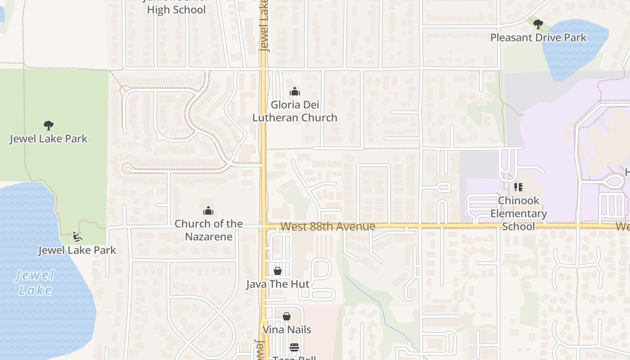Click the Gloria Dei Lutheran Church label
(295, 111)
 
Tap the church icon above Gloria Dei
(295, 92)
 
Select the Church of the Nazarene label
(209, 230)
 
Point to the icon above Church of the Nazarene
(208, 211)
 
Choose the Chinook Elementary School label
(518, 213)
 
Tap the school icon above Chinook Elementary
(518, 187)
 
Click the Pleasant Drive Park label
(538, 37)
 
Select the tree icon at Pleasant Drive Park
(538, 24)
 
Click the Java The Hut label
(278, 284)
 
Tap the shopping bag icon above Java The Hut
(278, 271)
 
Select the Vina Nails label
(287, 329)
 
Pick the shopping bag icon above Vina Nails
(287, 316)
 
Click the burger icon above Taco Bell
(294, 347)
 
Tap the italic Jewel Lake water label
(35, 283)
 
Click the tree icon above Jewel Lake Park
(49, 126)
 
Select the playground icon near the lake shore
(77, 236)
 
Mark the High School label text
(176, 9)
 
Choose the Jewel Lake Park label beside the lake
(77, 250)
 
